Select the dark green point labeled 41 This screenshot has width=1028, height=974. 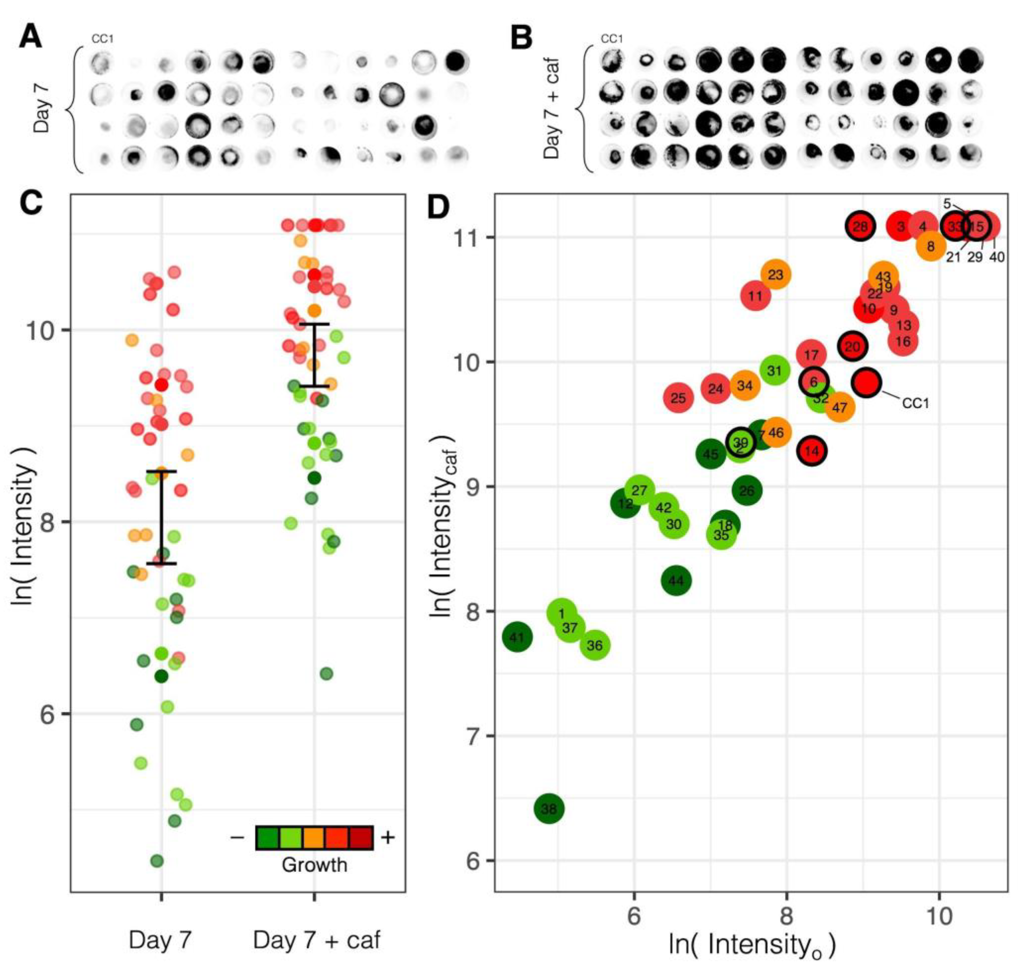coord(516,637)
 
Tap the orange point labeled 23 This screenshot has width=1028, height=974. coord(775,274)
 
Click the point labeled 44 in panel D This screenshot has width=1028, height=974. coord(676,580)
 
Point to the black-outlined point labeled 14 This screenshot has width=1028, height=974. coord(811,451)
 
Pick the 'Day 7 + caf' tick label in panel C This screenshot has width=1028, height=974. coord(316,940)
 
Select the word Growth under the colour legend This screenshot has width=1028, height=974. coord(314,865)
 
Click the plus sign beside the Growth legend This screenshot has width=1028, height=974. coord(388,837)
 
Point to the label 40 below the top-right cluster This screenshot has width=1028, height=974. coord(996,256)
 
